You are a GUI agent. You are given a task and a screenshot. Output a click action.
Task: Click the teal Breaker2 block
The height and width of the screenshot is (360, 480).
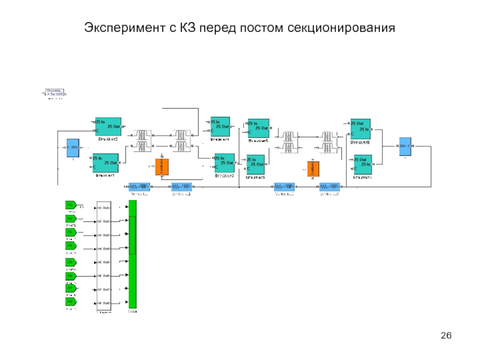pos(109,127)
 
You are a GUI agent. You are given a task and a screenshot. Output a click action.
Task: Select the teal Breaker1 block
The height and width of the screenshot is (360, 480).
pos(106,163)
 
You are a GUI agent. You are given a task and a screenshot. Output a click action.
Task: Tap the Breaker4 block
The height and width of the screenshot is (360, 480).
pos(220,127)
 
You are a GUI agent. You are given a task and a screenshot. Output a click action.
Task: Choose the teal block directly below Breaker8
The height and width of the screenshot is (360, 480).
pos(362,164)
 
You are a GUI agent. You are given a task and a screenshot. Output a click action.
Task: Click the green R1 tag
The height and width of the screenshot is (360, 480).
pos(71,205)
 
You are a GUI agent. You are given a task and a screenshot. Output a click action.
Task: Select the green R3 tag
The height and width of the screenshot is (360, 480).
pos(71,232)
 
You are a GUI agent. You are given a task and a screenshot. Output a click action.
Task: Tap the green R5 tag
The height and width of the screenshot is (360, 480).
pos(71,262)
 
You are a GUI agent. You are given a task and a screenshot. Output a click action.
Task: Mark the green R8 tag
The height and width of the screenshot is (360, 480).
pos(71,302)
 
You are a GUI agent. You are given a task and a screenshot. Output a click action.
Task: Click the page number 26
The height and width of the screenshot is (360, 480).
pos(445,335)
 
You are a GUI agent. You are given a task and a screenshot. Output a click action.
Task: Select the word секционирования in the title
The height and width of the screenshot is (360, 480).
pos(341,28)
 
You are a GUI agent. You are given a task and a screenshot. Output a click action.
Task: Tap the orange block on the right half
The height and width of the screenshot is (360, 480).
pos(312,169)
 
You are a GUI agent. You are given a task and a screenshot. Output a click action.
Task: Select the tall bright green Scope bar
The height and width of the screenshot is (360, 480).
pos(133,254)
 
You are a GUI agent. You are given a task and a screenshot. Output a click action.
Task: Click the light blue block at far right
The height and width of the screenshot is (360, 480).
pos(405,146)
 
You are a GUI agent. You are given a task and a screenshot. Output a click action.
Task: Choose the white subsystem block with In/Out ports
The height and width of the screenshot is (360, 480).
pos(104,255)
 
